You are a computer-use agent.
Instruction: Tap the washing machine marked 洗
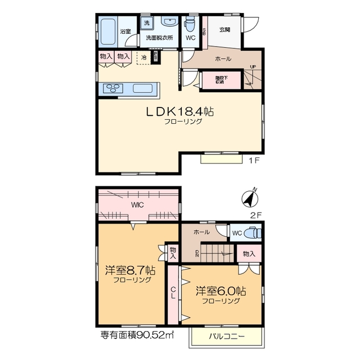point(147,24)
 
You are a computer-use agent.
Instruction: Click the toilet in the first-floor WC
point(190,25)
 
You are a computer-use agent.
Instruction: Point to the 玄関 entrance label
point(224,29)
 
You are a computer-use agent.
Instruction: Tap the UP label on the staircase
point(253,67)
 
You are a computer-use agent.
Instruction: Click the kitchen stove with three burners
point(112,88)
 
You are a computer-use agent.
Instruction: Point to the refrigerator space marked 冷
point(144,57)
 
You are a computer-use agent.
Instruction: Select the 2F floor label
point(256,214)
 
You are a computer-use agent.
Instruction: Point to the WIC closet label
point(138,205)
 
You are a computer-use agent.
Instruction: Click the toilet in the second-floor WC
point(253,232)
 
